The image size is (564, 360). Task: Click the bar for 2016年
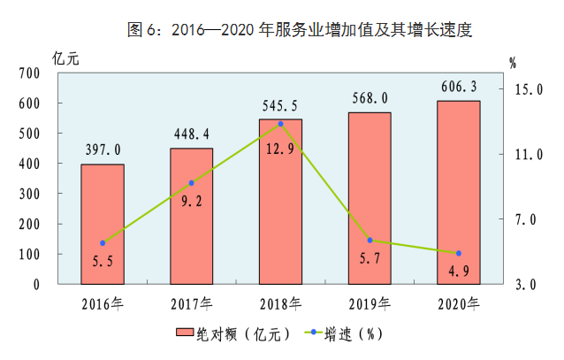pyautogui.click(x=103, y=225)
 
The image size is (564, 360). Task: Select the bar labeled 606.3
pyautogui.click(x=459, y=193)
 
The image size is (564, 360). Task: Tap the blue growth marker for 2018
pyautogui.click(x=281, y=124)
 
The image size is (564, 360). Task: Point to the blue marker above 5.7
pyautogui.click(x=370, y=240)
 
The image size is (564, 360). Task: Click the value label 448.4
pyautogui.click(x=191, y=134)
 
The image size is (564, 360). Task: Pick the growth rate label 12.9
pyautogui.click(x=280, y=149)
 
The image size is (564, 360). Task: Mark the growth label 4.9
pyautogui.click(x=459, y=271)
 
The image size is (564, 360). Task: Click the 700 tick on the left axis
pyautogui.click(x=29, y=73)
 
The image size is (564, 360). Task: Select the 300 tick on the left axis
pyautogui.click(x=29, y=194)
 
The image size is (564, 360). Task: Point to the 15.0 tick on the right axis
pyautogui.click(x=529, y=89)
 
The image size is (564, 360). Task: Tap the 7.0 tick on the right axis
pyautogui.click(x=525, y=219)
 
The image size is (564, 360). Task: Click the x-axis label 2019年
pyautogui.click(x=370, y=304)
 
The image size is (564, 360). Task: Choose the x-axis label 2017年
pyautogui.click(x=191, y=304)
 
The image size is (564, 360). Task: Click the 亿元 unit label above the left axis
pyautogui.click(x=65, y=58)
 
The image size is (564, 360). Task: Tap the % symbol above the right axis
pyautogui.click(x=513, y=63)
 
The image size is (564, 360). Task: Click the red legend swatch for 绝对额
pyautogui.click(x=185, y=332)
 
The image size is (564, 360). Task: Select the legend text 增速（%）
pyautogui.click(x=354, y=334)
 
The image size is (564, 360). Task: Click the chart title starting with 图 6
pyautogui.click(x=300, y=29)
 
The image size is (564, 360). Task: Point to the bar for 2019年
pyautogui.click(x=370, y=198)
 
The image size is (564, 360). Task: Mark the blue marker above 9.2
pyautogui.click(x=191, y=183)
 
